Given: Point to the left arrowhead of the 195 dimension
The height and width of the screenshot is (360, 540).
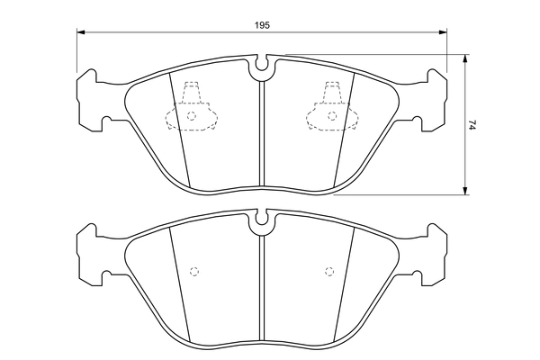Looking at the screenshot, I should (x=81, y=33).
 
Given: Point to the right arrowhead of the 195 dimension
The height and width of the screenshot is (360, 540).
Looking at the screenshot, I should (x=443, y=33).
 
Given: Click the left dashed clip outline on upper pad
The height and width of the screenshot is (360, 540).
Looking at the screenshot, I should (x=190, y=109).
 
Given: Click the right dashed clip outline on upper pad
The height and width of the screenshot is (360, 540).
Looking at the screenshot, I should (x=330, y=109).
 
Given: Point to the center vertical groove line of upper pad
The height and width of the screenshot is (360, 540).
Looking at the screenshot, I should (x=261, y=135).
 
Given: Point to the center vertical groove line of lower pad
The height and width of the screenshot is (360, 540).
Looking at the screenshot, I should (x=261, y=288).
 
